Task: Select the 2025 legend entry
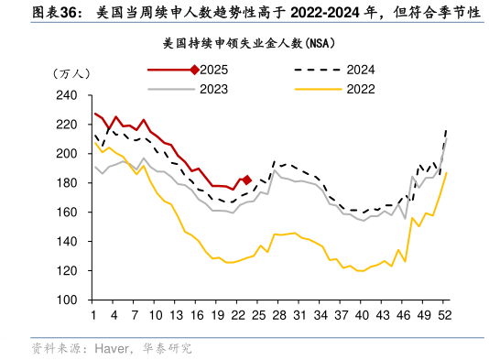[213, 71]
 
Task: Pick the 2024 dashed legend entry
[361, 71]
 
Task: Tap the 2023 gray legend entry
[213, 89]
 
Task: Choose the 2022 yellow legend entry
[361, 89]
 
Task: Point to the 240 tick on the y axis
[68, 95]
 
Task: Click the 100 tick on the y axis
[68, 300]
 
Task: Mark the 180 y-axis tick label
[68, 183]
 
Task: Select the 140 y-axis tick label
[68, 242]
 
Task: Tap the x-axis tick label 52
[445, 315]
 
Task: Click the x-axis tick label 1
[93, 315]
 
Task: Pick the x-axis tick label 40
[363, 315]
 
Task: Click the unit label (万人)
[70, 73]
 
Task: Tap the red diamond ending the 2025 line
[246, 180]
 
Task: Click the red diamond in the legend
[193, 71]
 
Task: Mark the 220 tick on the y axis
[68, 125]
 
